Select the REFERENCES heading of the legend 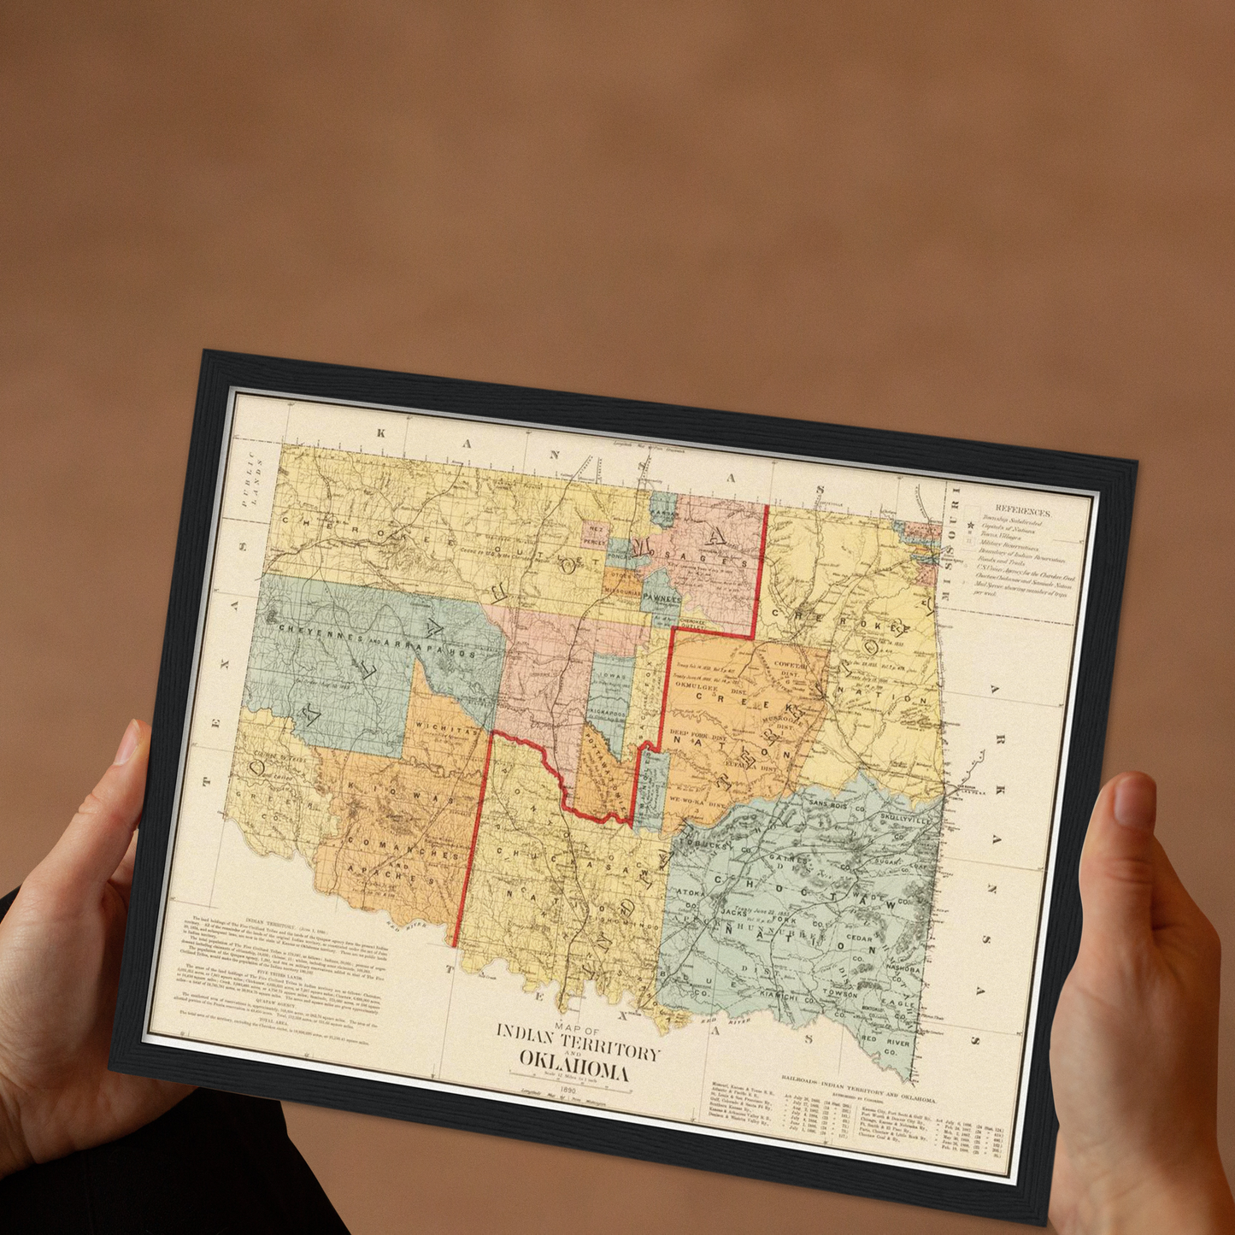pyautogui.click(x=1022, y=511)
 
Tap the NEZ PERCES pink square pyautogui.click(x=594, y=535)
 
